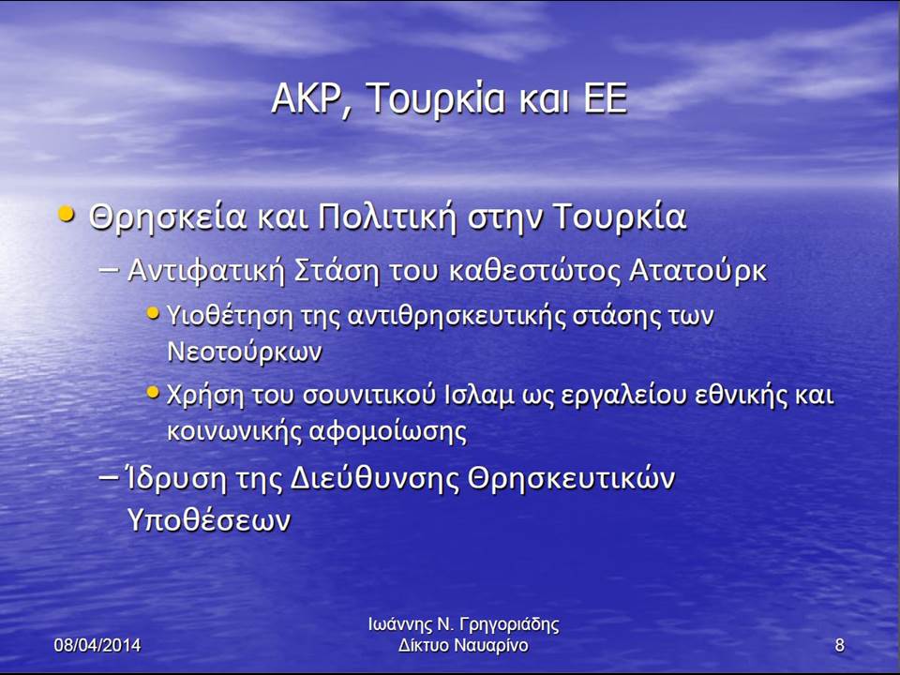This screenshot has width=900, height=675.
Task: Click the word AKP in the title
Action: pos(307,98)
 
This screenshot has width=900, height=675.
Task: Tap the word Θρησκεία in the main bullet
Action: pos(168,217)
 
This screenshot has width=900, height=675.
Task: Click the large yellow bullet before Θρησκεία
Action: pos(67,215)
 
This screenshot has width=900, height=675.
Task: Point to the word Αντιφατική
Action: pos(206,270)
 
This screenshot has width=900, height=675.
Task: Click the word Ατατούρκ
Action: pos(697,270)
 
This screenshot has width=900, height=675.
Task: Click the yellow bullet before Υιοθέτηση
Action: pos(153,313)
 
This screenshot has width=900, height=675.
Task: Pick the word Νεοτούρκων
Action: pos(245,352)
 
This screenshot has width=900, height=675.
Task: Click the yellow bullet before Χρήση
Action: pos(153,393)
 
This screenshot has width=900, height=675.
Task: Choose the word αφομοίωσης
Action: pos(388,431)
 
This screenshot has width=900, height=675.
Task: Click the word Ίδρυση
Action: pos(176,479)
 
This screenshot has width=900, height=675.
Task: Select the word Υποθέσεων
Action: pos(209,520)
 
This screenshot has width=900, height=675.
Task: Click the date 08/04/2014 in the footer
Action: pos(97,645)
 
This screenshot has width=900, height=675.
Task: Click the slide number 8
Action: pos(840,645)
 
